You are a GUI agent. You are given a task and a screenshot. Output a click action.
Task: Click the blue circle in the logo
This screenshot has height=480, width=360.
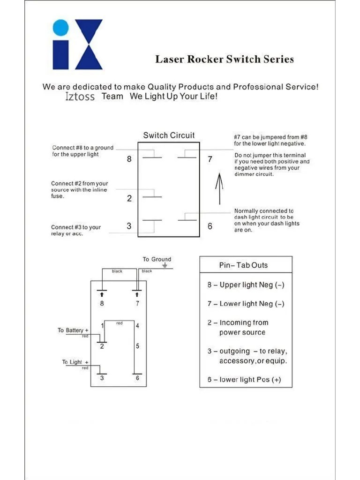pos(61,27)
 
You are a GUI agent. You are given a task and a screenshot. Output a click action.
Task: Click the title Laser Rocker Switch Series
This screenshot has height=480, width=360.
pos(225,60)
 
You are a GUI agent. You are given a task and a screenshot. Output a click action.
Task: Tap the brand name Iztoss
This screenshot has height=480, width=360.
pos(80,97)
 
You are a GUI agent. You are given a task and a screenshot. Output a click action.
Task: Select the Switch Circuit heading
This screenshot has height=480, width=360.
pos(169,135)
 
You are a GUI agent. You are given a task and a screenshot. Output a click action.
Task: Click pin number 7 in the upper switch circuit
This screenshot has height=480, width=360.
pos(210,159)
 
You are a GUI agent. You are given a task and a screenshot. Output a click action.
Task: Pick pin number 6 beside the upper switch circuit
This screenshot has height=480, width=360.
pos(210,226)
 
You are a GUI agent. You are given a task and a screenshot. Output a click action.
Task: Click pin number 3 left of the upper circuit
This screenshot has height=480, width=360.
pos(129,226)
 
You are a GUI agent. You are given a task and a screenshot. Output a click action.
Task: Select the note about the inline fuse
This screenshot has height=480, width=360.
pos(79,190)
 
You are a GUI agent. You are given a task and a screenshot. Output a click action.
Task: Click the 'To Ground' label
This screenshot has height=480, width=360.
pos(157,259)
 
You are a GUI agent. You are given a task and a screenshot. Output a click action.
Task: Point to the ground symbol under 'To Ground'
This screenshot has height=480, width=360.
pos(165,265)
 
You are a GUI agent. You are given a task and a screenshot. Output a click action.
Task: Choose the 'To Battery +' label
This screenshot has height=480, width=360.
pos(73,330)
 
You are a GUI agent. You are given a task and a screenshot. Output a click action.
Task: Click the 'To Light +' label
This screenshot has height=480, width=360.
pos(75,362)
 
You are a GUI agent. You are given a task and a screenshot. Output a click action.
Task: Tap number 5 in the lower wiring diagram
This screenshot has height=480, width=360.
pos(137,346)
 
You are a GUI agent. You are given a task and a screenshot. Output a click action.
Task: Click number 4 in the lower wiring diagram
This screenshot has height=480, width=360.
pos(137,326)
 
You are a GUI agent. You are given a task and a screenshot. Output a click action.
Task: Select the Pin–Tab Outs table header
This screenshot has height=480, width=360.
pos(243,265)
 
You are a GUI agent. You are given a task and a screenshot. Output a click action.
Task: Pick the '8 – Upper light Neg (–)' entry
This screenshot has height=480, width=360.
pos(246,285)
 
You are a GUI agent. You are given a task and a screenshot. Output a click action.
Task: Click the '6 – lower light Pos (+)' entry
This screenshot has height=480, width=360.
pos(244,380)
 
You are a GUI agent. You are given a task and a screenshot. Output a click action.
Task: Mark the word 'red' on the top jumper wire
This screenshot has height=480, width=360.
pos(120,323)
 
